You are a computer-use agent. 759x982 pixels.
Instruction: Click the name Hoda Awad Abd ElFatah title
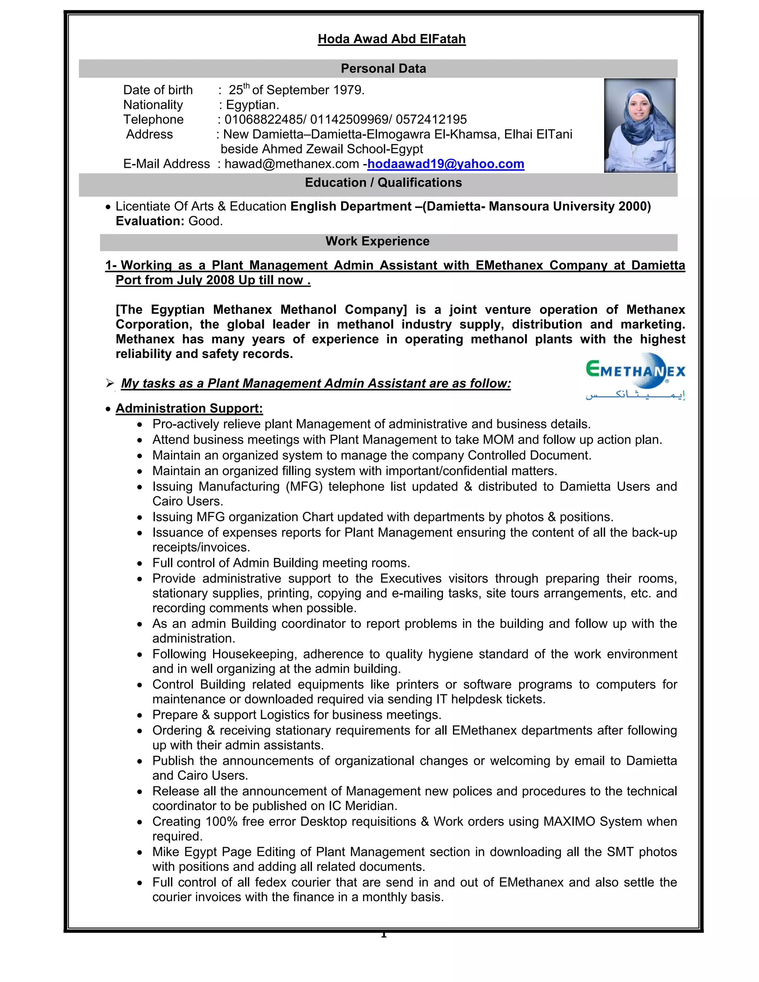point(391,39)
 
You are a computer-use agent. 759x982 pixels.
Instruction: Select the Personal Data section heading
point(383,68)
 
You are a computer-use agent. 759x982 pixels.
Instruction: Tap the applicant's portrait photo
point(639,126)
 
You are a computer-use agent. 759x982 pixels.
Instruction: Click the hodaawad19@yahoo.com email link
point(445,164)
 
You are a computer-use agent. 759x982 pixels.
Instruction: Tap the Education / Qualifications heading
point(383,183)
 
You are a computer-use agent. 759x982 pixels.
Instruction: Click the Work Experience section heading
point(377,242)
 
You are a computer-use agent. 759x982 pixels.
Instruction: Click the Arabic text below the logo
point(635,395)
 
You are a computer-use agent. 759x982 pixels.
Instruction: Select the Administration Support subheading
point(189,408)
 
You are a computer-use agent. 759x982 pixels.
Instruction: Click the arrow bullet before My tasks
point(110,383)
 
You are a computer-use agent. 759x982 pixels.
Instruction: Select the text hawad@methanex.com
point(291,164)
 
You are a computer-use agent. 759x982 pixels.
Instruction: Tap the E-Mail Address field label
point(166,164)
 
